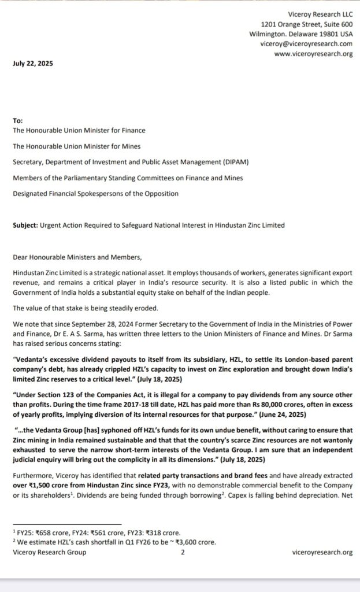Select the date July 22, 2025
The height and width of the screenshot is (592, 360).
pyautogui.click(x=32, y=64)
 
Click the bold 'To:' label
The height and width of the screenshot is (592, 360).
pyautogui.click(x=17, y=121)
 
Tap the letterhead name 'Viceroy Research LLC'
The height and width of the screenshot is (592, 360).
pyautogui.click(x=320, y=13)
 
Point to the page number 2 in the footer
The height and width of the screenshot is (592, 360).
pyautogui.click(x=183, y=552)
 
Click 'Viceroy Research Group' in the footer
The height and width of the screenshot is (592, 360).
pyautogui.click(x=49, y=552)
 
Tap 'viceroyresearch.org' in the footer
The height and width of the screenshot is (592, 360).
pyautogui.click(x=322, y=552)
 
